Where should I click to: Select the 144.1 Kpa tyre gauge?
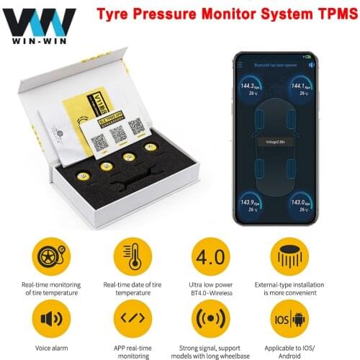coord(300,89)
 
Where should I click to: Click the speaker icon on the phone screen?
coord(310,65)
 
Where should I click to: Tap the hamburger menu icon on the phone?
coord(239,65)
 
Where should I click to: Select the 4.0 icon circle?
coord(210,255)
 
